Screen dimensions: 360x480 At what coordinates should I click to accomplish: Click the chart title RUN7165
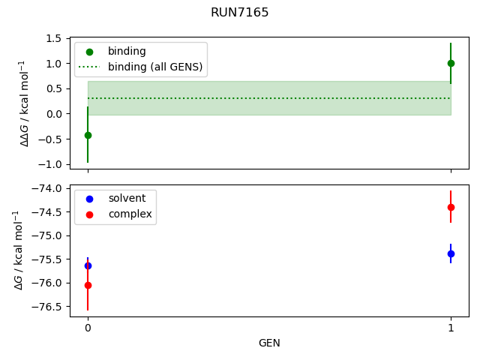click(240, 13)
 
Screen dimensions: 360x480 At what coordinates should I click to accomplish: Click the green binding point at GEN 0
click(88, 135)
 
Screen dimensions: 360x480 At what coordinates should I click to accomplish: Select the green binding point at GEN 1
click(451, 63)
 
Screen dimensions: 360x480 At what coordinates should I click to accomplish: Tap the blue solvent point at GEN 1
click(451, 253)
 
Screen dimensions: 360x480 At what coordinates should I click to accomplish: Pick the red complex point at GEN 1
click(451, 207)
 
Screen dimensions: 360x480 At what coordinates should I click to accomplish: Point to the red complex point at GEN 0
click(88, 285)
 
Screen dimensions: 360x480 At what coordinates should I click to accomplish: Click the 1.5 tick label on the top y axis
click(53, 38)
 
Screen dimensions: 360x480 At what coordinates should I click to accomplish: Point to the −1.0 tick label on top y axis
click(50, 164)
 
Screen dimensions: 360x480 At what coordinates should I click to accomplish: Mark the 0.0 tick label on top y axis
click(53, 114)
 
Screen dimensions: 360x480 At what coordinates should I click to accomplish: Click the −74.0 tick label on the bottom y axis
click(48, 188)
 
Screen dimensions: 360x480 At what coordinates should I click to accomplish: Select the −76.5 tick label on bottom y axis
click(48, 307)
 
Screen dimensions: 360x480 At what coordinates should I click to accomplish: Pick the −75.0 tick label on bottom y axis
click(48, 235)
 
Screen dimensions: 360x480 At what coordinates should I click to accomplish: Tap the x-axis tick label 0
click(88, 328)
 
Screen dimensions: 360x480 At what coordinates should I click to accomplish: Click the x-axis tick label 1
click(451, 328)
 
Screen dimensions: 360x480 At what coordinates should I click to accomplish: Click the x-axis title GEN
click(269, 343)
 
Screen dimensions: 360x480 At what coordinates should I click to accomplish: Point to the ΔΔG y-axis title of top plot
click(25, 103)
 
